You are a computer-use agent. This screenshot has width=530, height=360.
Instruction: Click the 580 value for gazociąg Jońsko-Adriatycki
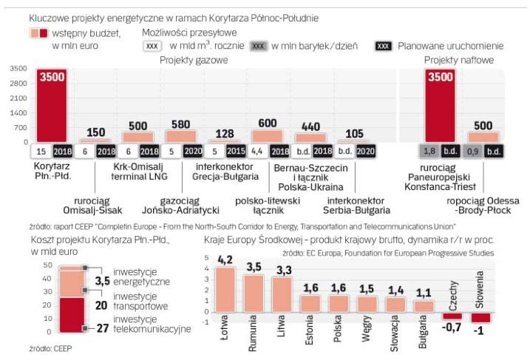coord(180,124)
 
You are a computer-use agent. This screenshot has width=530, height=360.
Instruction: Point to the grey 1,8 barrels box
coord(429,152)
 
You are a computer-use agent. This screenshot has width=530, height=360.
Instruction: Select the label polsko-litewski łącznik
coord(266,206)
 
